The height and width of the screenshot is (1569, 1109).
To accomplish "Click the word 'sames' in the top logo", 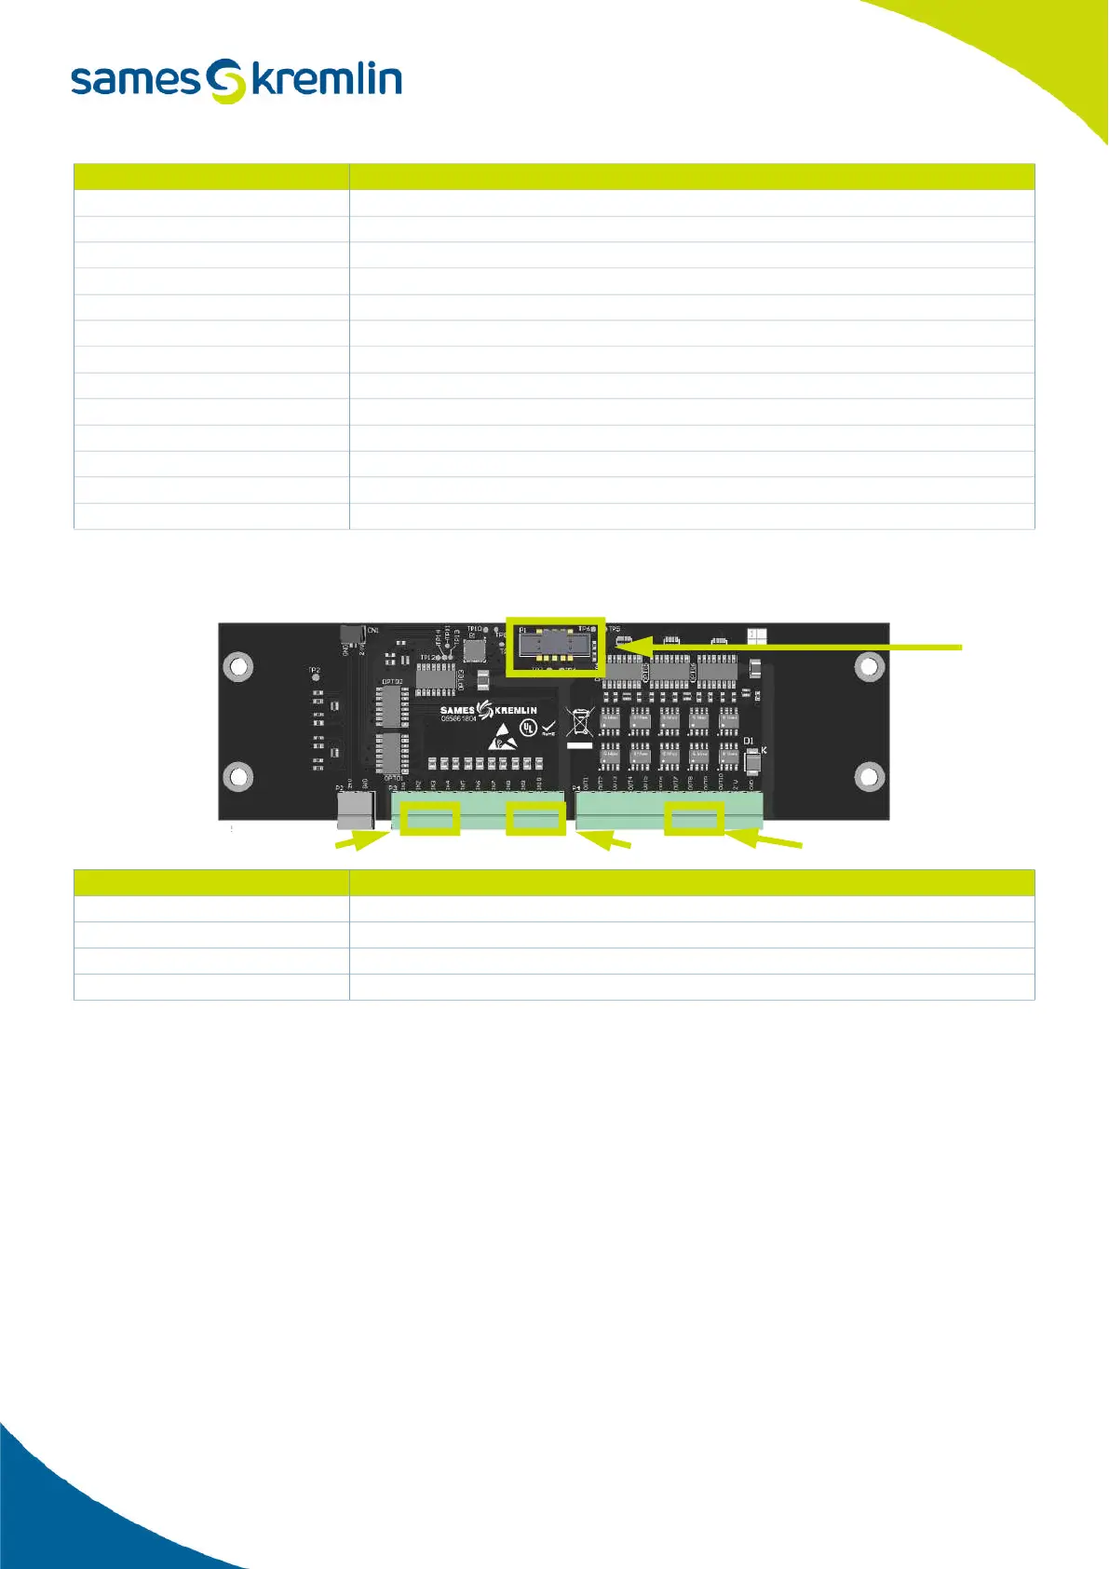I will tap(135, 80).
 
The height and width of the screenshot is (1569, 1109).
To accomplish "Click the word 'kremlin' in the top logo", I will tap(327, 80).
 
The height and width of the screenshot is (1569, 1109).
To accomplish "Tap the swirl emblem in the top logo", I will tap(225, 81).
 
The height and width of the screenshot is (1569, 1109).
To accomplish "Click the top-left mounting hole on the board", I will tap(239, 666).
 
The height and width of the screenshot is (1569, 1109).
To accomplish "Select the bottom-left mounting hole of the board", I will tap(239, 775).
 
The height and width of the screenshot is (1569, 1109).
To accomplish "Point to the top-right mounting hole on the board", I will tap(869, 666).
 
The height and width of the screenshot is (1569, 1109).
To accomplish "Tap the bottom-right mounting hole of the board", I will tap(869, 775).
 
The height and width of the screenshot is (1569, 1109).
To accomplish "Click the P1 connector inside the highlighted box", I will tap(555, 645).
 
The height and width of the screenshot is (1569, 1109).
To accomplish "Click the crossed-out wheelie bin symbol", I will tap(579, 722).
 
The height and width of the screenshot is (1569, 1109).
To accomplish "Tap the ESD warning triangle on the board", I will tap(502, 736).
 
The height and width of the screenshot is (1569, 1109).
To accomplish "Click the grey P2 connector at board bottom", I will tap(355, 809).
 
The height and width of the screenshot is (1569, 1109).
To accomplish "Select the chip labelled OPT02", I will tap(392, 706).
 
